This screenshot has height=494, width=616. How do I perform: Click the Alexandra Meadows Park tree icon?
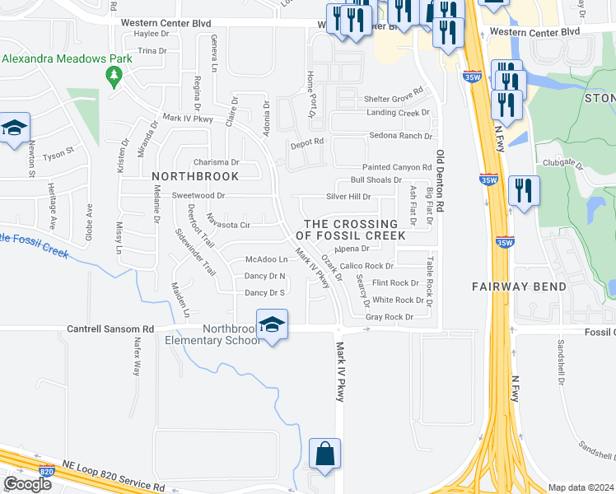114,77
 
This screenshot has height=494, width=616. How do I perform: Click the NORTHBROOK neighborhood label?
195,176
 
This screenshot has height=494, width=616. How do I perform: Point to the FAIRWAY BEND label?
519,287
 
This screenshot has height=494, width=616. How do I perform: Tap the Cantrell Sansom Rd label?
110,329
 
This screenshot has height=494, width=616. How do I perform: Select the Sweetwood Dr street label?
198,196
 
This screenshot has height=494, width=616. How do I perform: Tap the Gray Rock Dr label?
388,317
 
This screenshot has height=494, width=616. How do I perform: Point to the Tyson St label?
58,153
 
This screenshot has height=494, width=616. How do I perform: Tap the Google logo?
27,483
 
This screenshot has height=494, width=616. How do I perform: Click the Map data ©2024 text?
580,487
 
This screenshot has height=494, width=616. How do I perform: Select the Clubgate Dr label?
558,162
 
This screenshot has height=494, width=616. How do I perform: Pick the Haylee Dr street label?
151,34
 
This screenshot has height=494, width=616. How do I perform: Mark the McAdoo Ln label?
266,260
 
